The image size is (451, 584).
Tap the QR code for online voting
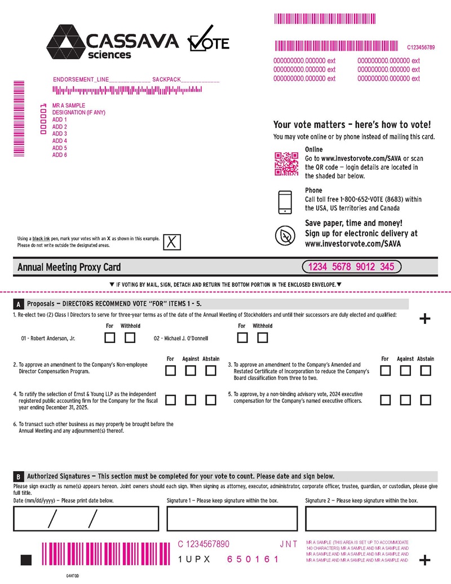286,164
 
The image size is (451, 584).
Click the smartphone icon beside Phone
285,202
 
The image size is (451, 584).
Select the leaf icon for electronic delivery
285,235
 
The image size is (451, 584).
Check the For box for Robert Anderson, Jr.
110,338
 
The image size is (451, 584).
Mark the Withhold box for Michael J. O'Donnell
262,338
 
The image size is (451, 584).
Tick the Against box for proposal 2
191,371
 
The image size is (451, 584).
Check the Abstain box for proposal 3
426,371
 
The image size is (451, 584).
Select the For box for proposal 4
170,400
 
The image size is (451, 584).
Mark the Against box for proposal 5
405,400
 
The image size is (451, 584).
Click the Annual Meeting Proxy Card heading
69,267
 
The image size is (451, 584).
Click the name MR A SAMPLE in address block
69,106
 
